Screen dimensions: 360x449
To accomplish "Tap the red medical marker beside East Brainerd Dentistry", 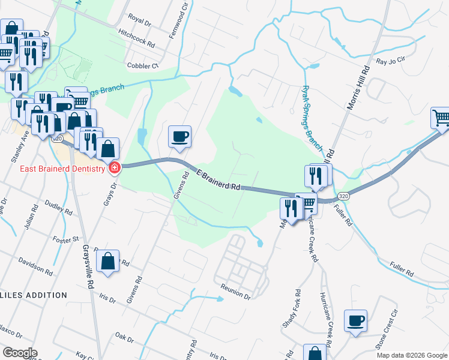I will (113, 169).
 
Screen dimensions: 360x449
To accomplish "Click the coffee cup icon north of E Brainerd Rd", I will (179, 137).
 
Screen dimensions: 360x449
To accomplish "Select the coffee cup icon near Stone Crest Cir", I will (355, 320).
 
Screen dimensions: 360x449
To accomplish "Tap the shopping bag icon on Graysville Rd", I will (107, 262).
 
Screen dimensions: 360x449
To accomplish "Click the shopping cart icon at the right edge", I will (441, 118).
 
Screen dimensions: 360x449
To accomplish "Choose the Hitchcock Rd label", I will (137, 40).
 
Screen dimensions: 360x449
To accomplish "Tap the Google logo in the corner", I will (20, 353).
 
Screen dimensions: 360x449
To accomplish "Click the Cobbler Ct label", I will (142, 66).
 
